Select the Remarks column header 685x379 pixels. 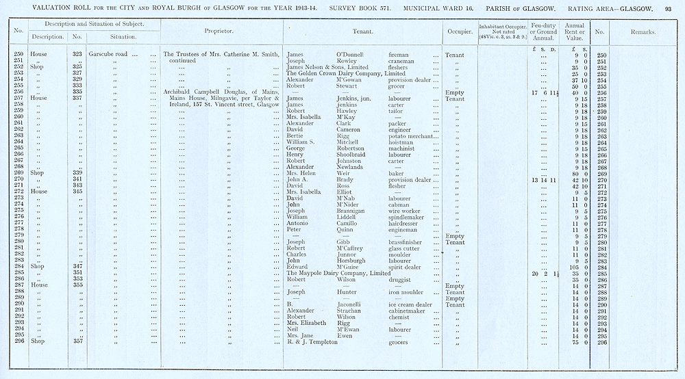pos(642,31)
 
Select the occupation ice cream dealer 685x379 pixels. pos(410,304)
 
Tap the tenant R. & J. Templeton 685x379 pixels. pos(313,341)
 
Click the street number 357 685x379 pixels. pos(77,341)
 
